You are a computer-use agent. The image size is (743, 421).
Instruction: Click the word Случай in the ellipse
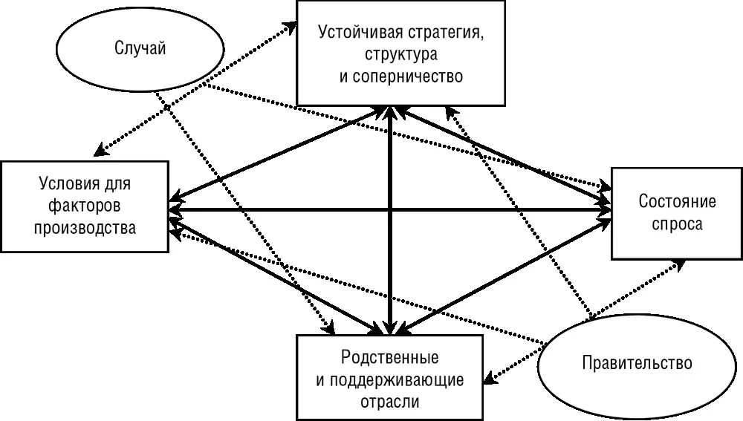pos(140,48)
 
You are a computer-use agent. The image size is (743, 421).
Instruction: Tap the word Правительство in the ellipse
pos(637,364)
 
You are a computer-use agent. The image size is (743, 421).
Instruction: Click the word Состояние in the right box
pos(677,202)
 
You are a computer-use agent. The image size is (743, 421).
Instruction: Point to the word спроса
pos(677,223)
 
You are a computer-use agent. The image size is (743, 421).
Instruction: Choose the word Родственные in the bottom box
pos(389,358)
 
